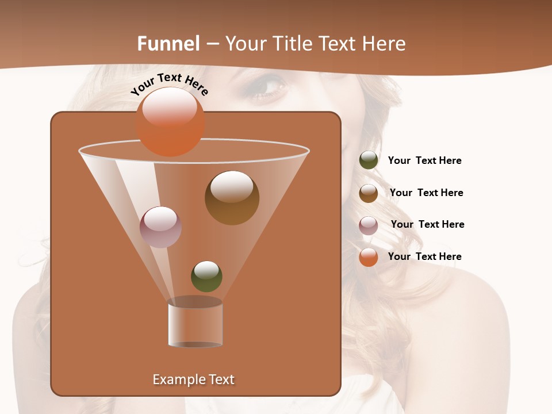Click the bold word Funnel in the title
(x=168, y=43)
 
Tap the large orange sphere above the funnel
(x=170, y=121)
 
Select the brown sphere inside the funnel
(x=232, y=198)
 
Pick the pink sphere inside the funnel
(x=160, y=227)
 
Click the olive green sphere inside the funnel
(x=206, y=277)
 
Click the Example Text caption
(x=193, y=379)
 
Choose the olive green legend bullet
(x=369, y=160)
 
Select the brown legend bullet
(x=369, y=193)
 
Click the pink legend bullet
(x=369, y=225)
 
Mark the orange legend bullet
(x=369, y=257)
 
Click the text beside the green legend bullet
(x=424, y=160)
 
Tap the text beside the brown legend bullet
(x=426, y=193)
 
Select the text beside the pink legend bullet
(x=427, y=224)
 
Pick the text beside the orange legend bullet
(x=424, y=256)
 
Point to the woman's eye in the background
(x=268, y=86)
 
